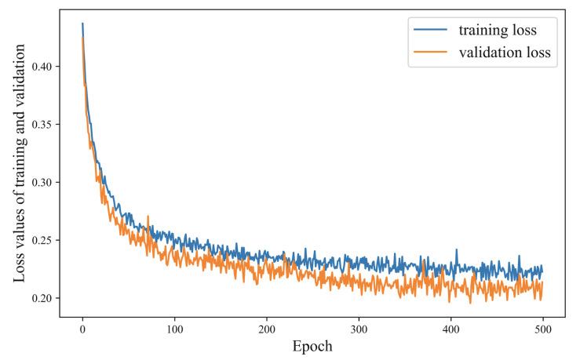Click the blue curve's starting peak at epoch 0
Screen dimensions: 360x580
tap(82, 24)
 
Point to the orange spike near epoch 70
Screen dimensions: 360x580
tap(148, 216)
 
